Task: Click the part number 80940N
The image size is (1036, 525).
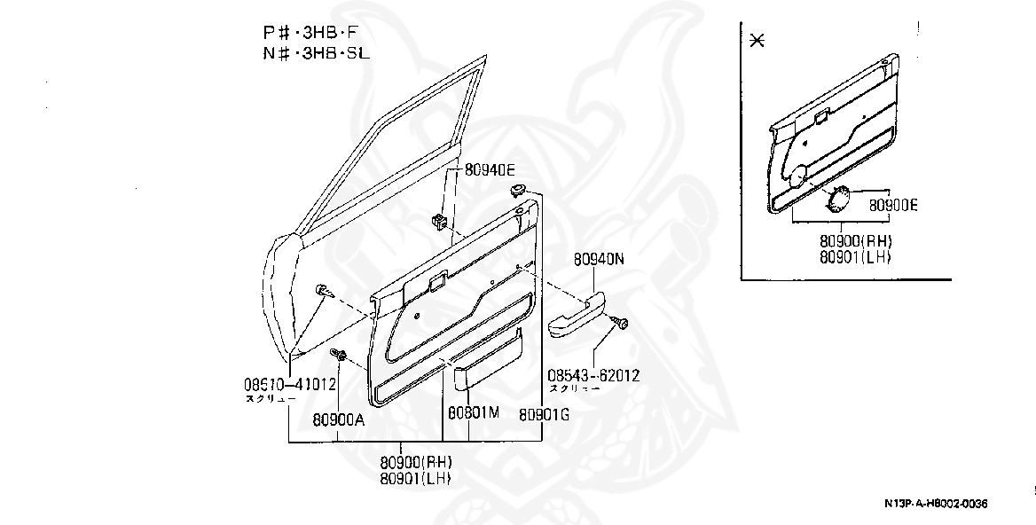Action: point(599,260)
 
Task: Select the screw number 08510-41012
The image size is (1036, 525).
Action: point(289,385)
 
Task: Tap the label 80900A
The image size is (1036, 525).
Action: point(339,420)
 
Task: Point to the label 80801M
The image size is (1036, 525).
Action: point(474,413)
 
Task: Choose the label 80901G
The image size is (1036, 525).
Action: point(545,413)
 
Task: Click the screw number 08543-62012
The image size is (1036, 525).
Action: point(593,375)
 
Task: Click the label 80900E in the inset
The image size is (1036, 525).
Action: point(893,206)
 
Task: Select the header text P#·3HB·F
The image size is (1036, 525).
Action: point(316,33)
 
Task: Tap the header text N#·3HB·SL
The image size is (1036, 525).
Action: point(316,53)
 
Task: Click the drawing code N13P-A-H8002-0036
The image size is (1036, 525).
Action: point(935,505)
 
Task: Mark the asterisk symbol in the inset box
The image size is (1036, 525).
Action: point(757,41)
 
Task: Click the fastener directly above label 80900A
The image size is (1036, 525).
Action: point(339,355)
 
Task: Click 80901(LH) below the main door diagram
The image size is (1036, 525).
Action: point(417,478)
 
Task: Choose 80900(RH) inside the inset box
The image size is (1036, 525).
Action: point(855,241)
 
